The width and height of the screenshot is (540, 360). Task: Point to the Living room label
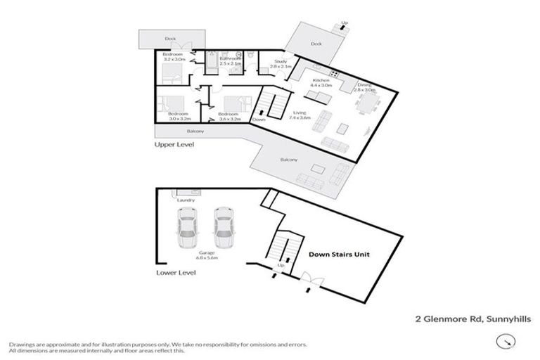tap(300, 115)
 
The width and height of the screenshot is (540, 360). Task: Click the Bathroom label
tap(231, 61)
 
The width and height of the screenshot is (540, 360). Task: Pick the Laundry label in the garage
tap(186, 200)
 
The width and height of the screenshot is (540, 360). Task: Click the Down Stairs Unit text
tap(339, 255)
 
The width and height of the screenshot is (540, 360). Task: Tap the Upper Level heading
tap(174, 144)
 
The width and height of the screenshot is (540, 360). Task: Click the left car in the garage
tap(188, 226)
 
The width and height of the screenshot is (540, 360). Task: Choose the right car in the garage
tap(223, 226)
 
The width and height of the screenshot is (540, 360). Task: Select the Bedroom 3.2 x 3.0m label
tap(173, 57)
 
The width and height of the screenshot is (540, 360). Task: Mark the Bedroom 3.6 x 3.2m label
tap(229, 116)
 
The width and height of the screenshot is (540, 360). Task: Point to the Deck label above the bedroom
tap(169, 39)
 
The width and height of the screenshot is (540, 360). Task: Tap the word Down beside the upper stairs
tap(259, 120)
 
